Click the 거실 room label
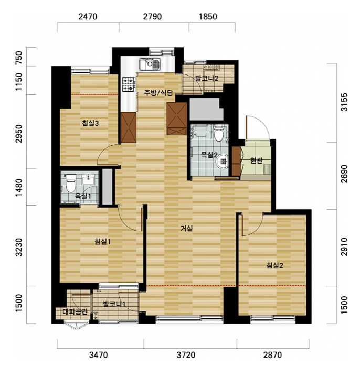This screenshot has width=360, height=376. click(x=186, y=228)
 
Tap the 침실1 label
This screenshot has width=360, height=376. click(x=102, y=241)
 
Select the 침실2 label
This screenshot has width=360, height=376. click(x=274, y=265)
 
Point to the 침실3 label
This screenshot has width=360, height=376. click(x=90, y=123)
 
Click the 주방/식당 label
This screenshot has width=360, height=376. click(x=158, y=93)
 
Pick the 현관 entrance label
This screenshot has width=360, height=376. click(x=256, y=160)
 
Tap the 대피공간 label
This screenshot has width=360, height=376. click(x=75, y=311)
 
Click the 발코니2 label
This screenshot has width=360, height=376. click(x=207, y=78)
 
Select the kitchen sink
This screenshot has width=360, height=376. click(x=150, y=65)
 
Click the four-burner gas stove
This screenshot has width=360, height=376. click(x=128, y=84)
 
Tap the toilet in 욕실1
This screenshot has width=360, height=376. click(x=70, y=184)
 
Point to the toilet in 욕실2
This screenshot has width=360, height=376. click(x=219, y=133)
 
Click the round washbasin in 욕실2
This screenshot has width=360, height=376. click(x=223, y=162)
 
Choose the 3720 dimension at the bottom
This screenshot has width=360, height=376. click(x=186, y=355)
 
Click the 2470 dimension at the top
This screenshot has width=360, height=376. click(x=88, y=17)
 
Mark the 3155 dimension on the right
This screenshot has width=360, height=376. click(x=344, y=102)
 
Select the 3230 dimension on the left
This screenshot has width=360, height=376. click(x=18, y=247)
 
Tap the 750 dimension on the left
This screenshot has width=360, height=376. click(x=18, y=58)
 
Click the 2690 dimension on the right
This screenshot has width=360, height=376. click(x=344, y=174)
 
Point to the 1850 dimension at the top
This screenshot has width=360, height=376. click(x=208, y=17)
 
